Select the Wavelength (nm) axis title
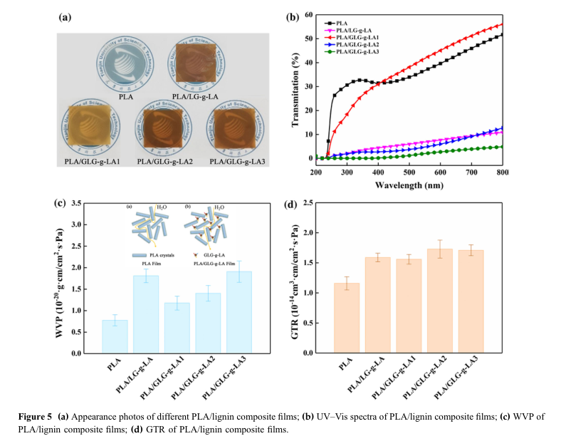tap(409, 184)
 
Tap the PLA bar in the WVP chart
tap(115, 336)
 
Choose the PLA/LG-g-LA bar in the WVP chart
tap(146, 313)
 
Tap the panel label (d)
tap(290, 204)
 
